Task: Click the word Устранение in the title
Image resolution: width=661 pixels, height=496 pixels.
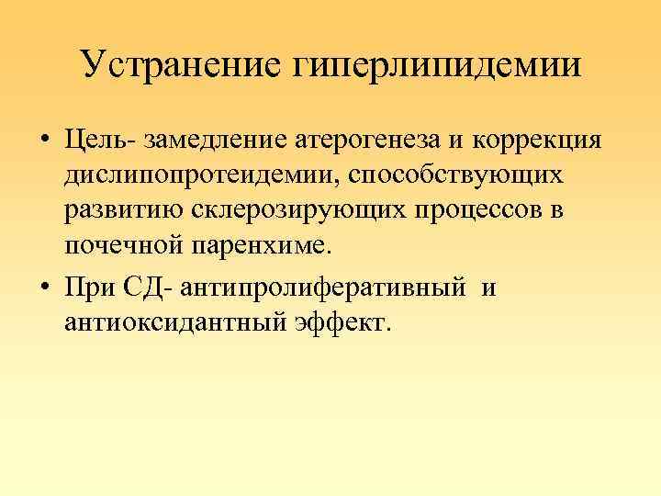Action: coord(183,65)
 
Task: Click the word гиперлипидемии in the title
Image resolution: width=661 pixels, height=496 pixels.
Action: coord(438,67)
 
